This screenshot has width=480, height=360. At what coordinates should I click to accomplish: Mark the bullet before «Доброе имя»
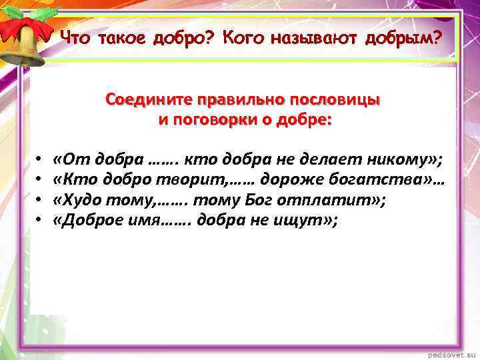(x=39, y=219)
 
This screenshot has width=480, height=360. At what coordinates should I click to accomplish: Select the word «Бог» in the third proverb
(x=277, y=199)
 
